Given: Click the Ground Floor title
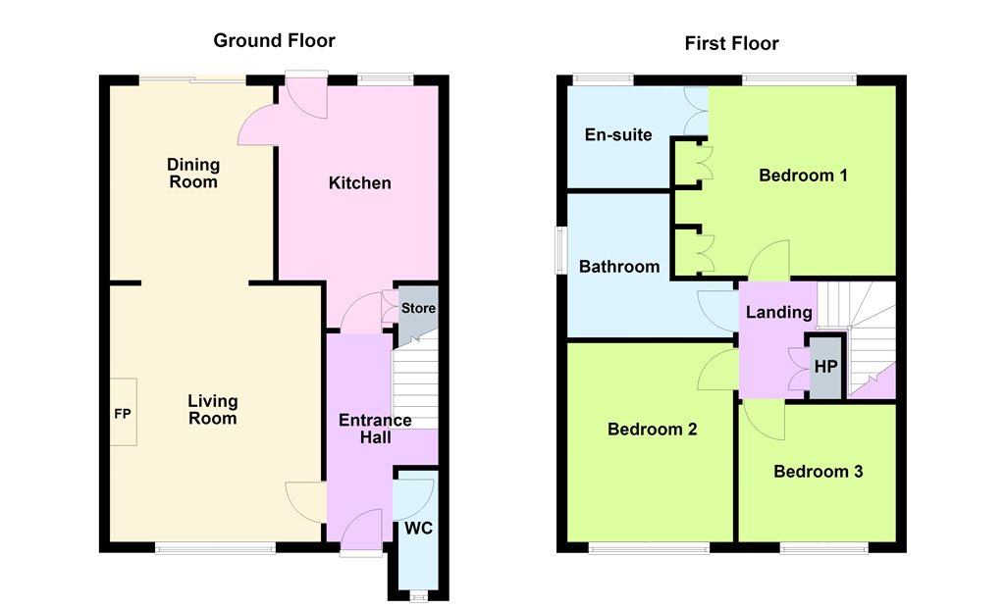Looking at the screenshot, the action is (275, 40).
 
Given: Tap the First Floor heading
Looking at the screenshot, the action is (731, 43).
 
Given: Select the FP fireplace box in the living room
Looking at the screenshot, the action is (123, 413).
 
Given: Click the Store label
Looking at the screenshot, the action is (418, 308).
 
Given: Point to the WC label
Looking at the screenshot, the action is (418, 529).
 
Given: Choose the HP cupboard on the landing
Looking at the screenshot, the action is (825, 367).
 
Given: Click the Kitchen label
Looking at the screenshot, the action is (359, 183).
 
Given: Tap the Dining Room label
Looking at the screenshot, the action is (193, 173).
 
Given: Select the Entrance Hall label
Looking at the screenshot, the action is (375, 429).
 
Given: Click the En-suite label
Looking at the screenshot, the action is (618, 134).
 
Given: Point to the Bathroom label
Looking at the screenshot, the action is (619, 267).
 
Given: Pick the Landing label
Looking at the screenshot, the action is (778, 312).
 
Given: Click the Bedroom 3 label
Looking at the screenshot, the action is (818, 472).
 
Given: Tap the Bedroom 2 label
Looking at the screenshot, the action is (652, 430).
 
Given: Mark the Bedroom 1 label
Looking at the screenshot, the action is (803, 176).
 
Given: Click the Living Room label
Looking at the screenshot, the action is (212, 410).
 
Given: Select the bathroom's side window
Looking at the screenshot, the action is (560, 250).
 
